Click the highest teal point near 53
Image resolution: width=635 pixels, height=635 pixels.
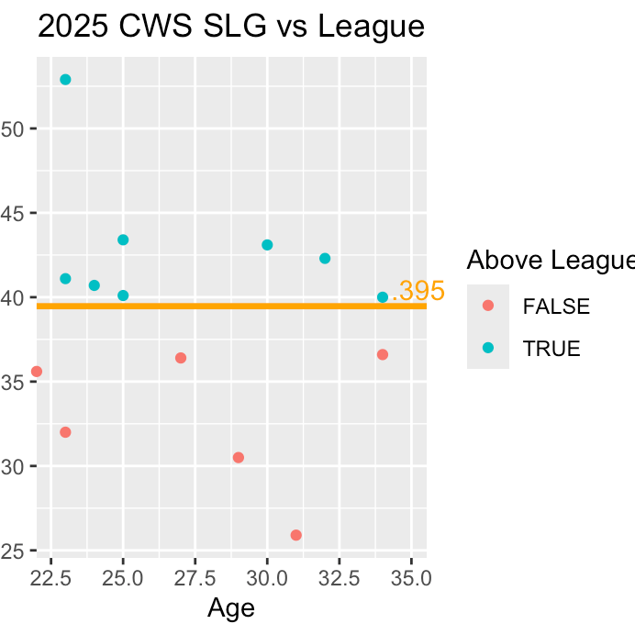point(65,80)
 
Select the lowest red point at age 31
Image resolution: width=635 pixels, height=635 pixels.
point(296,535)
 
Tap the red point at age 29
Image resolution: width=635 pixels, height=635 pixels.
point(239,457)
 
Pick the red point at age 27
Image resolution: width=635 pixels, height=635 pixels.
point(181,358)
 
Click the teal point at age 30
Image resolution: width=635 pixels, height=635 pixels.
point(267,245)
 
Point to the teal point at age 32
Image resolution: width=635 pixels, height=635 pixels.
point(325,259)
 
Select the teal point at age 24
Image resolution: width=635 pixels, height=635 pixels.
point(95,285)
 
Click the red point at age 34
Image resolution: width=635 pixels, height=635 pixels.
point(383,354)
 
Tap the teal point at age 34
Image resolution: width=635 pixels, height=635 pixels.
point(383,297)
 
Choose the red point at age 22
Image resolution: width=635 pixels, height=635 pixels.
point(37,372)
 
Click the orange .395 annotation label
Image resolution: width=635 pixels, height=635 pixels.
point(418,291)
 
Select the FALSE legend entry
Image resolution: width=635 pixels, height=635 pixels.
point(555,306)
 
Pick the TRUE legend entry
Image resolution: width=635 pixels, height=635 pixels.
point(551,348)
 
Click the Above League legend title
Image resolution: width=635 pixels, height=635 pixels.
point(549,261)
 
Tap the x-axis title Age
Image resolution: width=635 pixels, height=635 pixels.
point(231,607)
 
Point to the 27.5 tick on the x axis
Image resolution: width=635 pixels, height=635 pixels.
point(195,579)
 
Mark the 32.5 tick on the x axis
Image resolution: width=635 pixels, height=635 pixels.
point(339,579)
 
